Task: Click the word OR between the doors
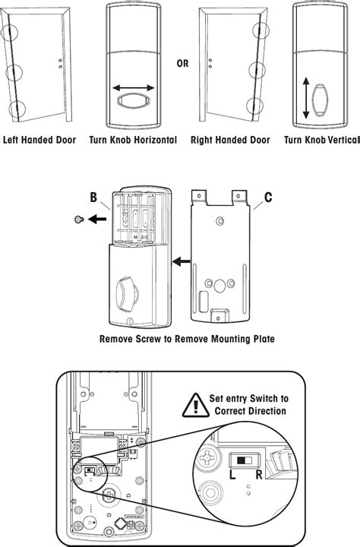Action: tap(182, 63)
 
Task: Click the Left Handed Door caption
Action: tap(39, 141)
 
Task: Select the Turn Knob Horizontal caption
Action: tap(133, 141)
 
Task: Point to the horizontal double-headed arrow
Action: tap(134, 89)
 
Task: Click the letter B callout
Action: tap(93, 200)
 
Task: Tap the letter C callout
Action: tap(267, 200)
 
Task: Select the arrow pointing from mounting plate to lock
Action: tap(182, 263)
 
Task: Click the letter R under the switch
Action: tap(260, 474)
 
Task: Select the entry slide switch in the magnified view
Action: tap(243, 459)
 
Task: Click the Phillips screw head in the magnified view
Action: tap(212, 457)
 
